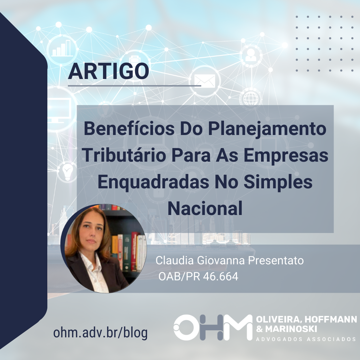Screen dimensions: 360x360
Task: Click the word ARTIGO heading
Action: click(x=108, y=71)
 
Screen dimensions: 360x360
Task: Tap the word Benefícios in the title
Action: click(x=129, y=129)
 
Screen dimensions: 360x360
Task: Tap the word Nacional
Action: click(x=205, y=208)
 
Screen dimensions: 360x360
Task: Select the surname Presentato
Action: click(x=276, y=261)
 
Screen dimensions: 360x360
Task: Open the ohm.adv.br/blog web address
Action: click(x=100, y=333)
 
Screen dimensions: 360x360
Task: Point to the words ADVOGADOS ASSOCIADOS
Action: click(x=306, y=339)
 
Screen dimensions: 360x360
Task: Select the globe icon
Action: click(x=250, y=98)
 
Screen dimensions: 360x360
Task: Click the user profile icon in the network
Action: click(x=251, y=55)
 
